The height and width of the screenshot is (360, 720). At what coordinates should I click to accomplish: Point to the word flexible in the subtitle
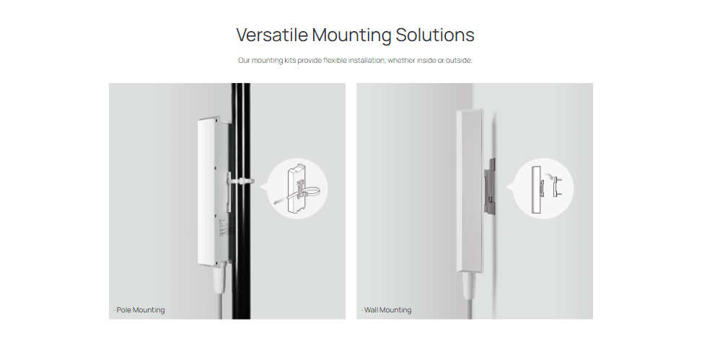(335, 60)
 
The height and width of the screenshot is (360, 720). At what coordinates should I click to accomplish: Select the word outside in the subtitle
(458, 60)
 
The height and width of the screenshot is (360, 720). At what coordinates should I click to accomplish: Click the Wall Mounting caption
(387, 310)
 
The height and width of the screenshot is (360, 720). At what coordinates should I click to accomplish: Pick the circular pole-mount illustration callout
(297, 189)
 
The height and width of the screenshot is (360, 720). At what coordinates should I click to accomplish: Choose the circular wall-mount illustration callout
(543, 189)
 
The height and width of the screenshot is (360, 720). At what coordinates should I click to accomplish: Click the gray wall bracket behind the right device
(489, 187)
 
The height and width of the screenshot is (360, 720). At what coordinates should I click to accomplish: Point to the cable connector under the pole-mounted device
(218, 279)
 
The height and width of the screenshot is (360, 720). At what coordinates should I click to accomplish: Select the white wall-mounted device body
(470, 190)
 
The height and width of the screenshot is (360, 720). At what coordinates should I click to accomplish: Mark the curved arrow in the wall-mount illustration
(548, 176)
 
